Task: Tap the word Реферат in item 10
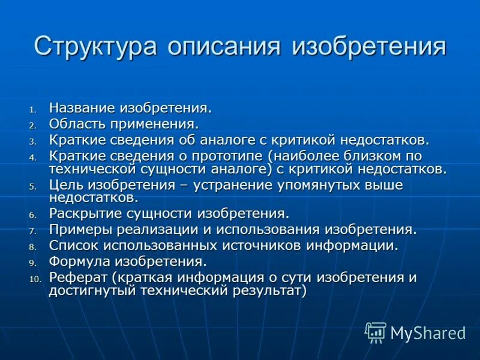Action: (x=77, y=278)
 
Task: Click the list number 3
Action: (x=33, y=141)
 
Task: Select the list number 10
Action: (x=34, y=279)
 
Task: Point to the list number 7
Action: (x=33, y=230)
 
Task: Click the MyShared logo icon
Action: (x=376, y=332)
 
